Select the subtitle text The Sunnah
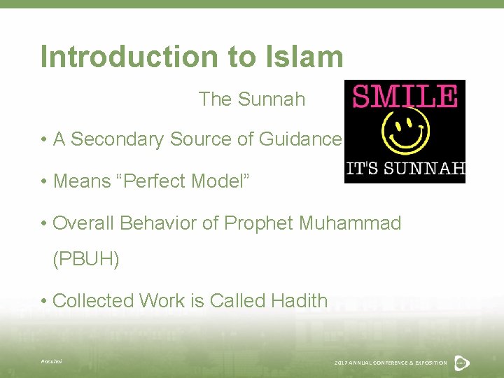pos(252,99)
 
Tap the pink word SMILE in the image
pos(405,96)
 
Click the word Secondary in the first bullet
pos(112,139)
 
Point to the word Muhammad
pos(350,223)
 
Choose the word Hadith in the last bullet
pos(297,300)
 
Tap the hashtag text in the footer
pos(51,361)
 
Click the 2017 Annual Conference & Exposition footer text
pos(391,363)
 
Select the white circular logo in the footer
pos(461,362)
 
